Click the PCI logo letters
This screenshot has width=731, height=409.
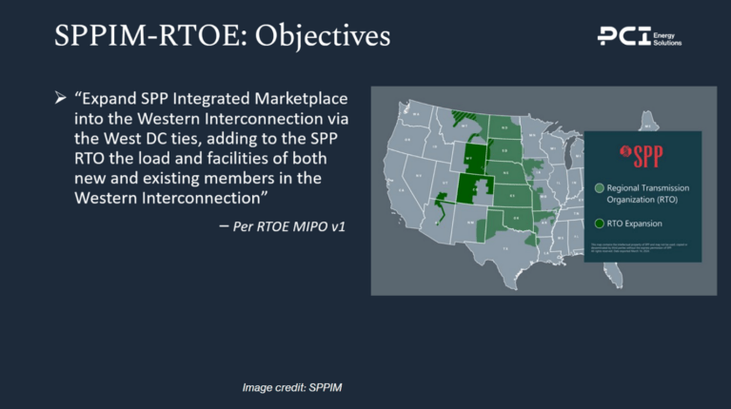click(x=623, y=36)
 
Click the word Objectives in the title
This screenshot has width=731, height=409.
click(x=314, y=36)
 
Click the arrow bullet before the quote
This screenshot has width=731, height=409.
click(x=60, y=100)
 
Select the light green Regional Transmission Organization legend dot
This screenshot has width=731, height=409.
click(x=600, y=188)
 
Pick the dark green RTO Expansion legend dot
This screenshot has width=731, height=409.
click(x=600, y=224)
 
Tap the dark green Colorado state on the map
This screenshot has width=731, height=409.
click(x=477, y=187)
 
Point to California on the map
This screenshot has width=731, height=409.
click(x=398, y=190)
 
